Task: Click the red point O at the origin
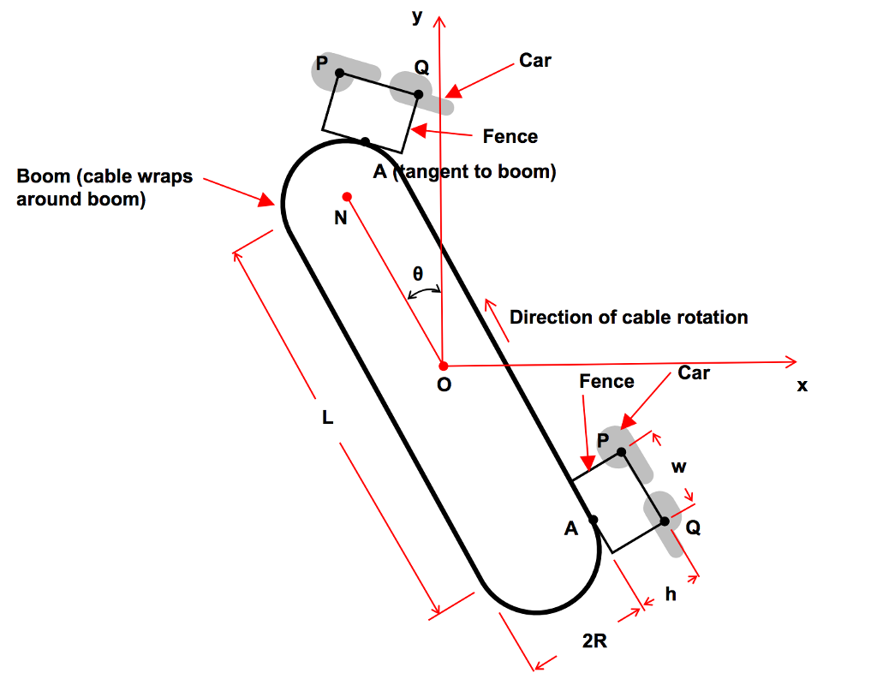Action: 443,366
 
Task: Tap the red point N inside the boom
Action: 347,196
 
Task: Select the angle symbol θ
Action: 418,274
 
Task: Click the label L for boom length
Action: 327,419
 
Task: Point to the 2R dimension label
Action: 594,641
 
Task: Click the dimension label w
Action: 678,468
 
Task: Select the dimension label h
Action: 671,593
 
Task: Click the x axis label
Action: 802,386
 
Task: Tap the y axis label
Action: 417,16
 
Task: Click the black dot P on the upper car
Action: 339,74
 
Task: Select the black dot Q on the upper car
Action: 418,94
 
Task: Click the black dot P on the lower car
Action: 622,451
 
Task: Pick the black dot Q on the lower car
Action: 665,521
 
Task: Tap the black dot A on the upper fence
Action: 365,141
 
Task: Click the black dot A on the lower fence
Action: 594,519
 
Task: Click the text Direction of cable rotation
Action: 629,318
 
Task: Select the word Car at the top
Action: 535,61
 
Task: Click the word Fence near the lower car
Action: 606,381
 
